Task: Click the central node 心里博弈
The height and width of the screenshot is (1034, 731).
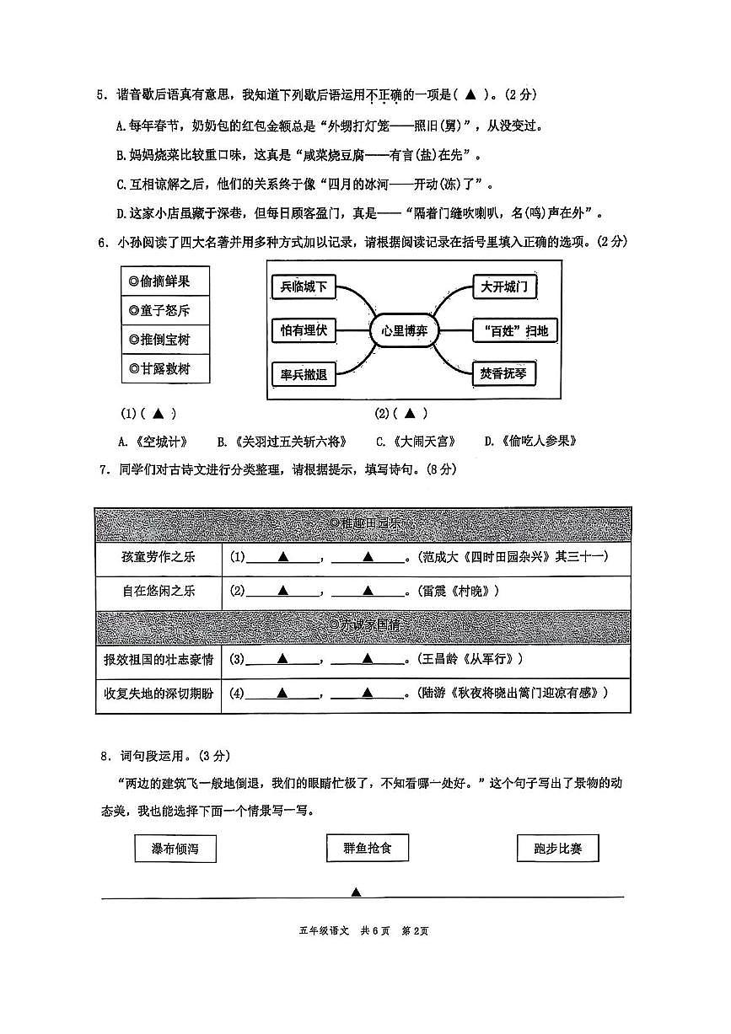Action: point(404,330)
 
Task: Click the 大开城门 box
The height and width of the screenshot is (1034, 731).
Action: point(504,287)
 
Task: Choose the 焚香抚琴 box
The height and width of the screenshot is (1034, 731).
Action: point(504,373)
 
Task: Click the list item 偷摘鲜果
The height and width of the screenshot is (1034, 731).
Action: point(165,281)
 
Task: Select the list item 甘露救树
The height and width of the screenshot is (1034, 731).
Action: point(165,368)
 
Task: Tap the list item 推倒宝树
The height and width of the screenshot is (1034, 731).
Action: point(165,340)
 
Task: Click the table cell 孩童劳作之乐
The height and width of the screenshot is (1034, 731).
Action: point(159,557)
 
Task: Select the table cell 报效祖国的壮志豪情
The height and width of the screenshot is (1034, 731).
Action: point(159,659)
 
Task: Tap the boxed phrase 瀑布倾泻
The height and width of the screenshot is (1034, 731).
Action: point(175,849)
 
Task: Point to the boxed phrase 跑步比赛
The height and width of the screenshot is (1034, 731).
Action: point(557,849)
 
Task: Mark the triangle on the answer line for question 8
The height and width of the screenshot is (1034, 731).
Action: point(356,892)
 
